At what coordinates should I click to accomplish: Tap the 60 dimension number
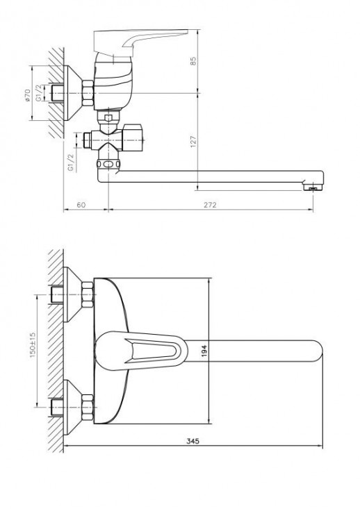(x=82, y=205)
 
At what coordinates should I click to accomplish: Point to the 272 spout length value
(x=211, y=205)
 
